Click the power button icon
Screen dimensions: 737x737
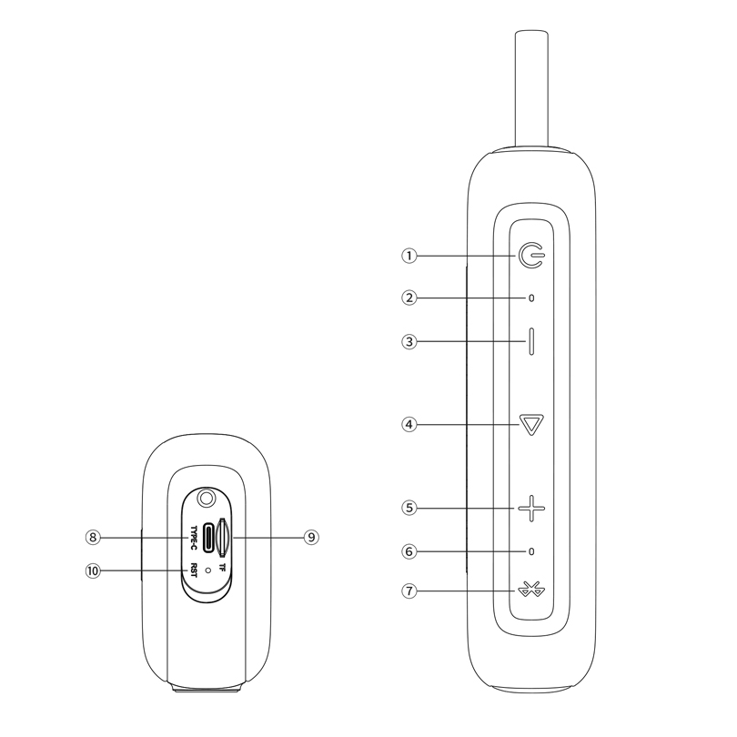(x=531, y=257)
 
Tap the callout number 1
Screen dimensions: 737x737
(x=409, y=257)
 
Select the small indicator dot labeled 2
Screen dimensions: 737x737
(x=531, y=298)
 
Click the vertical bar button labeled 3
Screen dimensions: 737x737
(x=531, y=342)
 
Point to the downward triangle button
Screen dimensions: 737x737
(x=531, y=424)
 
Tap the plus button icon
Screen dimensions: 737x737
(x=531, y=507)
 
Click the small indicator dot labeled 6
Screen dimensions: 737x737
(x=531, y=551)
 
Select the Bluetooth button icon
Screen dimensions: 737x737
(x=530, y=591)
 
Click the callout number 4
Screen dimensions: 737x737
(x=409, y=424)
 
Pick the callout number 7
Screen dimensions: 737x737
(x=409, y=591)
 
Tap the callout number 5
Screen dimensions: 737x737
(x=409, y=507)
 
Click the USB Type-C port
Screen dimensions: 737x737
(x=208, y=538)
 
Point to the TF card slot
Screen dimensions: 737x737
(x=221, y=538)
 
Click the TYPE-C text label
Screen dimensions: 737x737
(x=194, y=538)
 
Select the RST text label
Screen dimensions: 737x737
(x=195, y=570)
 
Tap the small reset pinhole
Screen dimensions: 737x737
(x=208, y=570)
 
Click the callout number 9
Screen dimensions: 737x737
(x=311, y=538)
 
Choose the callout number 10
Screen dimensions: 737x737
(x=92, y=570)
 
